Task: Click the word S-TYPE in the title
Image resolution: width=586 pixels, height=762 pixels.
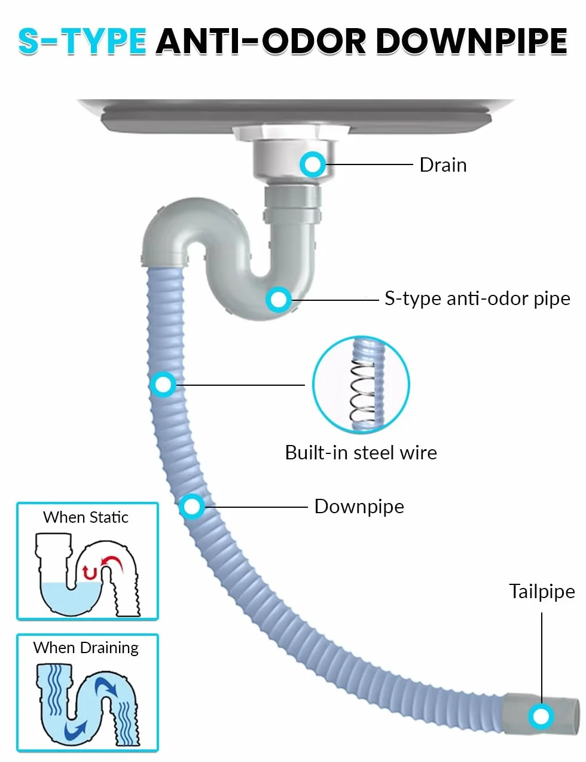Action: click(x=82, y=41)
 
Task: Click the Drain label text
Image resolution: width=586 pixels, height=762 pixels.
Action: click(x=443, y=165)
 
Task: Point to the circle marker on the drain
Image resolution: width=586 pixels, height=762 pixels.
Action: click(x=312, y=164)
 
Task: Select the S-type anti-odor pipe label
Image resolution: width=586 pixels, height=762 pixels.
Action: click(x=477, y=299)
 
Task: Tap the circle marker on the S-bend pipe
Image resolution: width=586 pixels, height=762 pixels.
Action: click(x=279, y=300)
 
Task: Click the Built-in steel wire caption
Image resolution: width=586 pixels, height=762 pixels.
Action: click(x=361, y=452)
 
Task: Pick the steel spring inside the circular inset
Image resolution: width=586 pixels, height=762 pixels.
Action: click(x=362, y=391)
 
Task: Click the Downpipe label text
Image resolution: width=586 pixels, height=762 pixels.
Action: click(x=359, y=507)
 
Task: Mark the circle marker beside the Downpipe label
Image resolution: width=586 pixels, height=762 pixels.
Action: click(x=192, y=507)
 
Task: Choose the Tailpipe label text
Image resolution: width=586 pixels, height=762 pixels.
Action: click(x=542, y=592)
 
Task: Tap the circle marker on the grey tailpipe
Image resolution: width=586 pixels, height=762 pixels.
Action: click(x=541, y=717)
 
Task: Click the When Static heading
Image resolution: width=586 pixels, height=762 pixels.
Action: click(x=86, y=517)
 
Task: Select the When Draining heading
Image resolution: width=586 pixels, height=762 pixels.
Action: click(x=86, y=648)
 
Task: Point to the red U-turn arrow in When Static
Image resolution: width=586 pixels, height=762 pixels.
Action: click(x=89, y=573)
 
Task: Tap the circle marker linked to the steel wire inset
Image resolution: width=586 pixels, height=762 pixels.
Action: click(x=163, y=385)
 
